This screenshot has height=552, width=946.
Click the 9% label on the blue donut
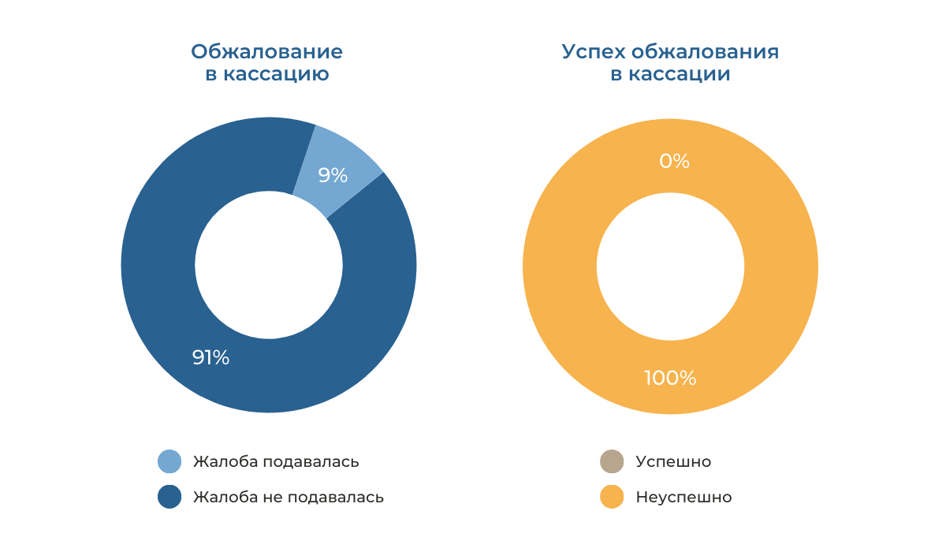click(x=333, y=175)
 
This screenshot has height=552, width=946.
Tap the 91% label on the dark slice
click(x=210, y=357)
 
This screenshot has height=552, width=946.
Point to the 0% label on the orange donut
click(x=674, y=162)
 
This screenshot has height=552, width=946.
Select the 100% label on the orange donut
click(x=670, y=378)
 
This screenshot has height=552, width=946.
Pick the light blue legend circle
click(x=169, y=461)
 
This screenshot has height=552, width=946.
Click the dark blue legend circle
click(x=169, y=497)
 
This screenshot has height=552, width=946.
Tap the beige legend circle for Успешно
click(x=612, y=461)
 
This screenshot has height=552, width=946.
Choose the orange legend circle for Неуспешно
click(x=612, y=497)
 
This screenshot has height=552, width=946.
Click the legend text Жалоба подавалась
click(x=276, y=462)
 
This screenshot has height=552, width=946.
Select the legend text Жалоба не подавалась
click(x=289, y=498)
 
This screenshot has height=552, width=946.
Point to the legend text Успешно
click(x=673, y=462)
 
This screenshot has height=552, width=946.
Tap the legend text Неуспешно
click(x=683, y=498)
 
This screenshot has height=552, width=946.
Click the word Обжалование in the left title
click(x=266, y=53)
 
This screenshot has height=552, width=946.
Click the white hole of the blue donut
click(x=269, y=265)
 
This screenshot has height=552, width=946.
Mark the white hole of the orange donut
click(x=670, y=267)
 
